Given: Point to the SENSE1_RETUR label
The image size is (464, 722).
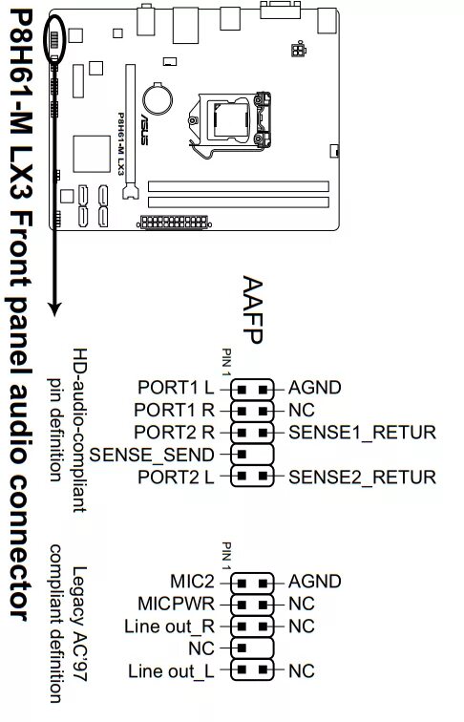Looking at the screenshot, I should [362, 432].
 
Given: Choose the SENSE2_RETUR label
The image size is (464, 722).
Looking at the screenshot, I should [362, 476].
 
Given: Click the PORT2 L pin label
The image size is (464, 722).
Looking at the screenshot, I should [178, 476].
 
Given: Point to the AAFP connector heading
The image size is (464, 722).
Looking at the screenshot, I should [252, 309].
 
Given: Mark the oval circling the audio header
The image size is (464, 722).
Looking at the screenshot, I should [54, 40].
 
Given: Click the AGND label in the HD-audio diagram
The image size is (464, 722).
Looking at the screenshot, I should [314, 388].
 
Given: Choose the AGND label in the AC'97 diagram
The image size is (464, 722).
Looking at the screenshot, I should [314, 581].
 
